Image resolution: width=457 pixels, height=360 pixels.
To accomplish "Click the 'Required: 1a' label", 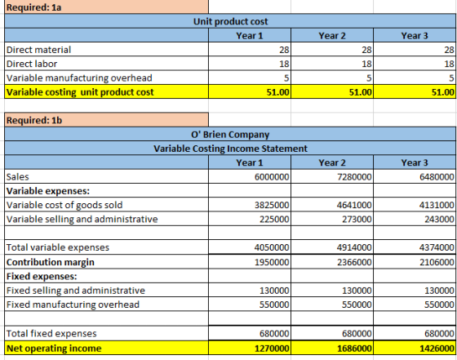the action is (33, 7).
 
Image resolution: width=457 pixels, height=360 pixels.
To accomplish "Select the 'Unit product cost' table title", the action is (230, 21).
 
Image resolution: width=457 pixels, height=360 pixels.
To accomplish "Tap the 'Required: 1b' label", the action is (34, 120).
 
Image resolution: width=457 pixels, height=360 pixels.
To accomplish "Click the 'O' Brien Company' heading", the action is (230, 135).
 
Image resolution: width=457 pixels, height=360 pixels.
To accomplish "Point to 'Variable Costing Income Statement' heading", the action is (230, 149).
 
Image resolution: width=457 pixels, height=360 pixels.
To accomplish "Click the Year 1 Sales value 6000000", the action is (272, 177).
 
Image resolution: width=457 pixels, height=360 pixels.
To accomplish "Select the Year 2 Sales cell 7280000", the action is (354, 177).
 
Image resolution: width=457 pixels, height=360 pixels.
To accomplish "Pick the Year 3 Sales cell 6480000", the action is (437, 177).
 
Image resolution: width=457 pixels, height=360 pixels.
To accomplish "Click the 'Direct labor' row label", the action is (32, 64).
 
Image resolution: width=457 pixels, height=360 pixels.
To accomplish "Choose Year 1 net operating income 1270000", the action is (272, 349).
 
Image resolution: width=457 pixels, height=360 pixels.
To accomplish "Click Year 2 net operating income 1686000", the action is (354, 349).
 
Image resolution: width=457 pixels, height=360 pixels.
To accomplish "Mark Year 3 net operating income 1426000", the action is (437, 349).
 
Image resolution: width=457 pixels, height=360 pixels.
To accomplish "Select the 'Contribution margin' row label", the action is (51, 262).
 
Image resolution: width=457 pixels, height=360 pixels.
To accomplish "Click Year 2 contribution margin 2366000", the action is (354, 262).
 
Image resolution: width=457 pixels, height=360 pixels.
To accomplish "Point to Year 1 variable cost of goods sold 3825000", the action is (272, 205).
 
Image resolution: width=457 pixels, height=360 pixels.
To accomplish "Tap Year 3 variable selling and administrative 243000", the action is (439, 220).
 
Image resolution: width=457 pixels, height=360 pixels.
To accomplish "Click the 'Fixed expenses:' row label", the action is (42, 276).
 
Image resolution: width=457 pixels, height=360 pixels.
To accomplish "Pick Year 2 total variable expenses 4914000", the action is (354, 247).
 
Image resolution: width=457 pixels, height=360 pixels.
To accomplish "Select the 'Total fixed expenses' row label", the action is (51, 334).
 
